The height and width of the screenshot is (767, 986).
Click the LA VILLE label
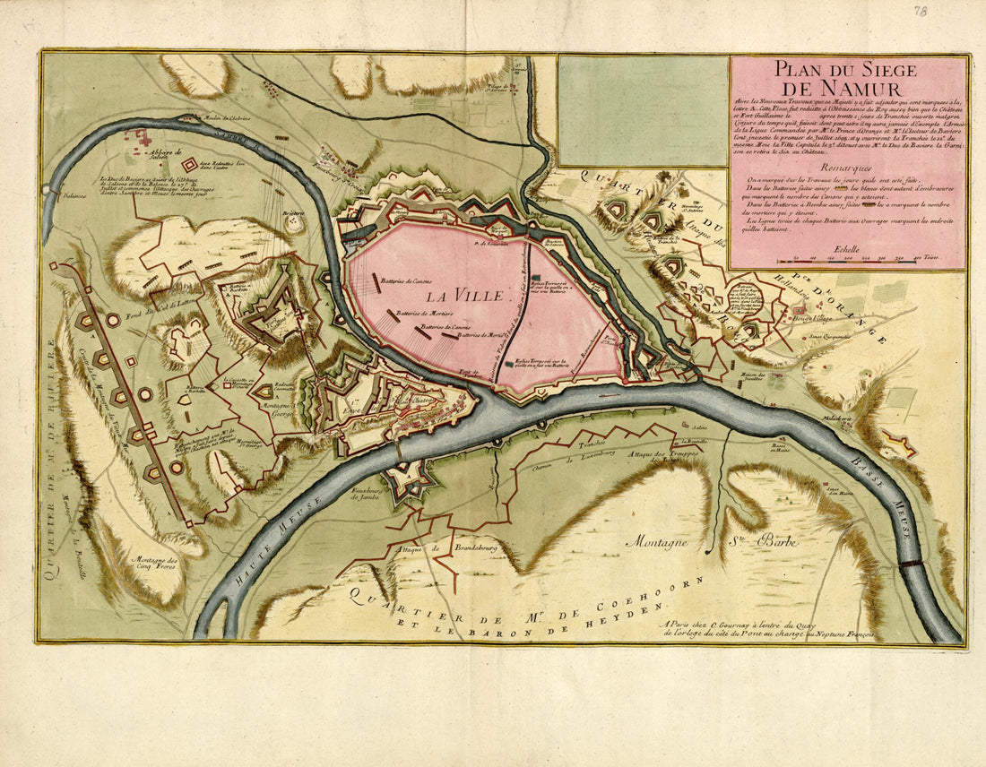pyautogui.click(x=464, y=294)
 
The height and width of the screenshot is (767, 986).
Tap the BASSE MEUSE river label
pyautogui.click(x=882, y=502)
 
